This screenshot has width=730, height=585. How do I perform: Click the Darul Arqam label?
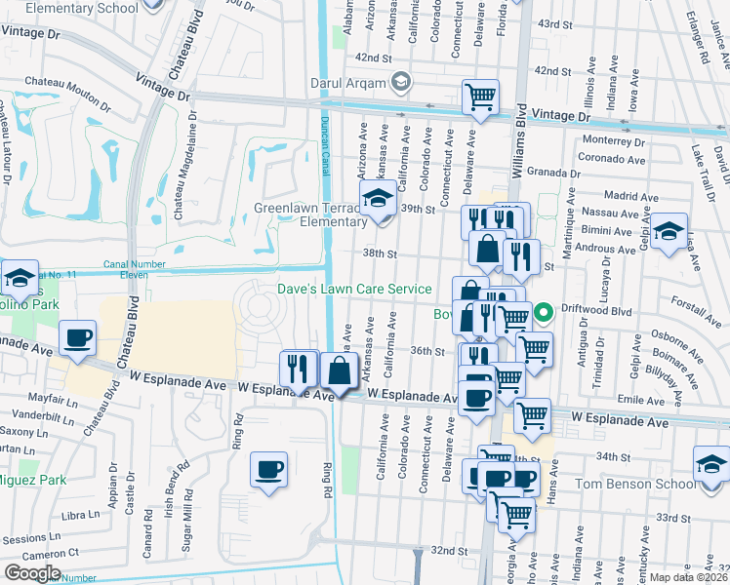point(346,84)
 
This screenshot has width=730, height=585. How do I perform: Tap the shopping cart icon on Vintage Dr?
point(480,97)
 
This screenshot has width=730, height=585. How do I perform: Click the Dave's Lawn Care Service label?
point(354,289)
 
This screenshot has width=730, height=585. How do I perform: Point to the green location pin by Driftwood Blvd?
point(546,312)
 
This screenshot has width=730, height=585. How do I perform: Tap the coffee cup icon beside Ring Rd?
point(268,469)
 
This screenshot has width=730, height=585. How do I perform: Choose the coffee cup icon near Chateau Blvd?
point(77,338)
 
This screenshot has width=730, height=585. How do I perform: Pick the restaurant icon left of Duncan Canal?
point(298,368)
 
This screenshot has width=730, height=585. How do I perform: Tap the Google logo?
point(32,573)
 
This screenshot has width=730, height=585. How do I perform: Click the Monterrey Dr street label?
point(613,139)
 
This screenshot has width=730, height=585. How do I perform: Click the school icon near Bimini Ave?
point(669,232)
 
